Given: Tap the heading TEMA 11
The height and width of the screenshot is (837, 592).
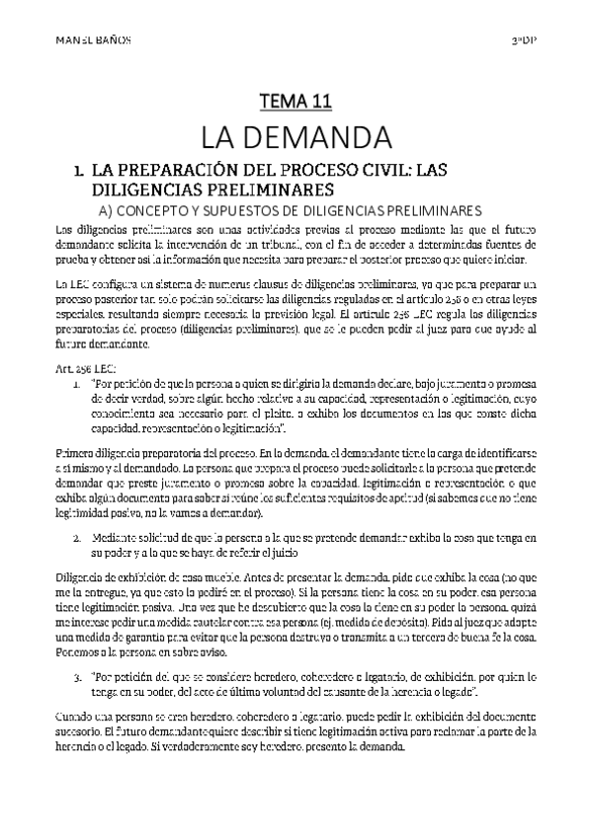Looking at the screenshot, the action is [295, 100].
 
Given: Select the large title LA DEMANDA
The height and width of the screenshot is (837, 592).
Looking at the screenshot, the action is [295, 134].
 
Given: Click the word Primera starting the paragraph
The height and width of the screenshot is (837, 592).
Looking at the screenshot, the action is [74, 423].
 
